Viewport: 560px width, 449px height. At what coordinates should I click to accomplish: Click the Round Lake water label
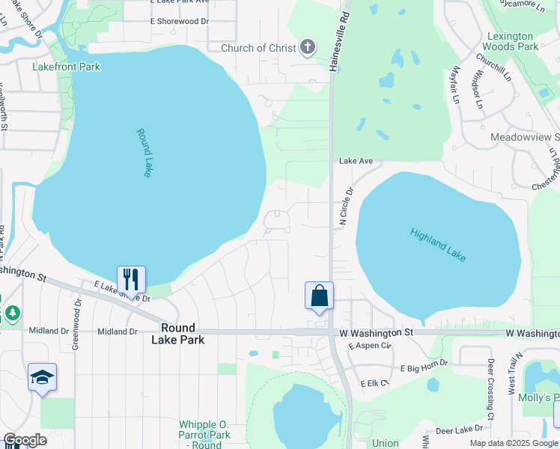tap(144, 153)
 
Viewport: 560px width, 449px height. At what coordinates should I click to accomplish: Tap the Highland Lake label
tap(438, 245)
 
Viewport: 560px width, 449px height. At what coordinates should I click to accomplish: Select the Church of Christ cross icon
tap(307, 48)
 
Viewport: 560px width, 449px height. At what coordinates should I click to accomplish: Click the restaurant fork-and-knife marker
tap(131, 280)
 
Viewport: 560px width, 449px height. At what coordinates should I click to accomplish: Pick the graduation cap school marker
tap(42, 378)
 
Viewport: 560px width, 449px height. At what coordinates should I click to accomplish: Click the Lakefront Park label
tap(67, 67)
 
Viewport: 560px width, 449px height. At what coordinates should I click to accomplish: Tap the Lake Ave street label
tap(356, 161)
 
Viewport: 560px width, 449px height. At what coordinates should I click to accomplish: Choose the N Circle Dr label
tap(346, 205)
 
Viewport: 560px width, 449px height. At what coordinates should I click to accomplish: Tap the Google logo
tap(25, 440)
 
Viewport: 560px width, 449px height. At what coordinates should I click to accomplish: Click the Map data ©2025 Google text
tap(513, 443)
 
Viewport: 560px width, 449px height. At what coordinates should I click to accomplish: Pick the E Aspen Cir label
tap(370, 346)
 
